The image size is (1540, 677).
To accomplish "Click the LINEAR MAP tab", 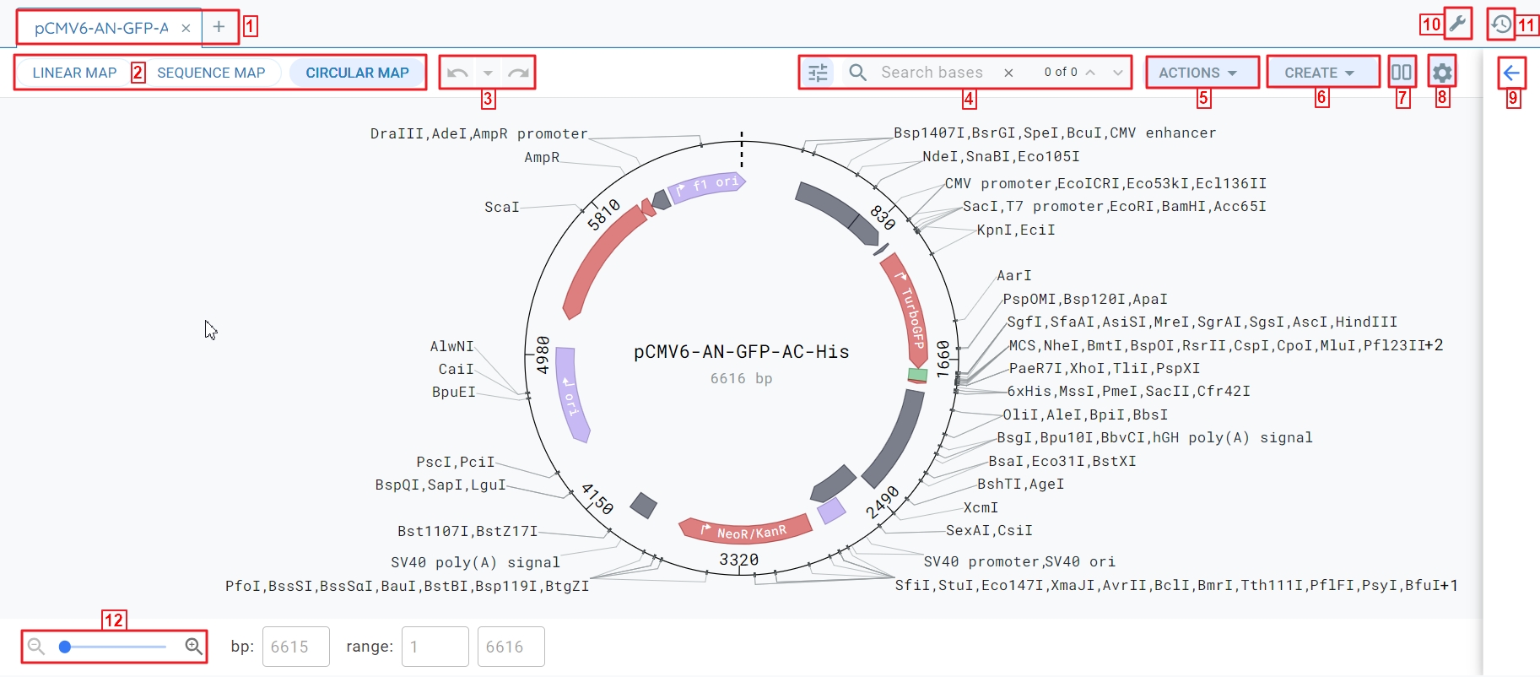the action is [x=74, y=73].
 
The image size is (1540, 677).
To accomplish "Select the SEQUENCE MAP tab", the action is [x=211, y=73].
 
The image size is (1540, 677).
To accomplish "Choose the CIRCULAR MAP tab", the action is [x=357, y=73].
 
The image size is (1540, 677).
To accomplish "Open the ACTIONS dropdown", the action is [x=1197, y=73].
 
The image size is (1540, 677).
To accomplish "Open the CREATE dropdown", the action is [x=1319, y=73].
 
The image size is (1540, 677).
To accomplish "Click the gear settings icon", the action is [x=1442, y=73].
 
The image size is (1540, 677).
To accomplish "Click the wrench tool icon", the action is [x=1457, y=24].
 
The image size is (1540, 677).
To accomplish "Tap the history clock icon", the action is [x=1501, y=24].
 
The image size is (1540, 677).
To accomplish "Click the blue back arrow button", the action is [x=1511, y=73].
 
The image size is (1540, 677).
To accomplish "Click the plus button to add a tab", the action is [x=219, y=27].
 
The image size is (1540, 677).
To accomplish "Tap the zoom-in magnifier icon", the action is [x=193, y=647].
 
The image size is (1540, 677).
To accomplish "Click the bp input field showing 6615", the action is [x=295, y=647].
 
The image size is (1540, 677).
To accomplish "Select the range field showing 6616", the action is [x=511, y=647].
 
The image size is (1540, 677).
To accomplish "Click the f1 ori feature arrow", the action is [x=706, y=187].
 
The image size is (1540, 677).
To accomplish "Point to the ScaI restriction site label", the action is [x=501, y=207].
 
